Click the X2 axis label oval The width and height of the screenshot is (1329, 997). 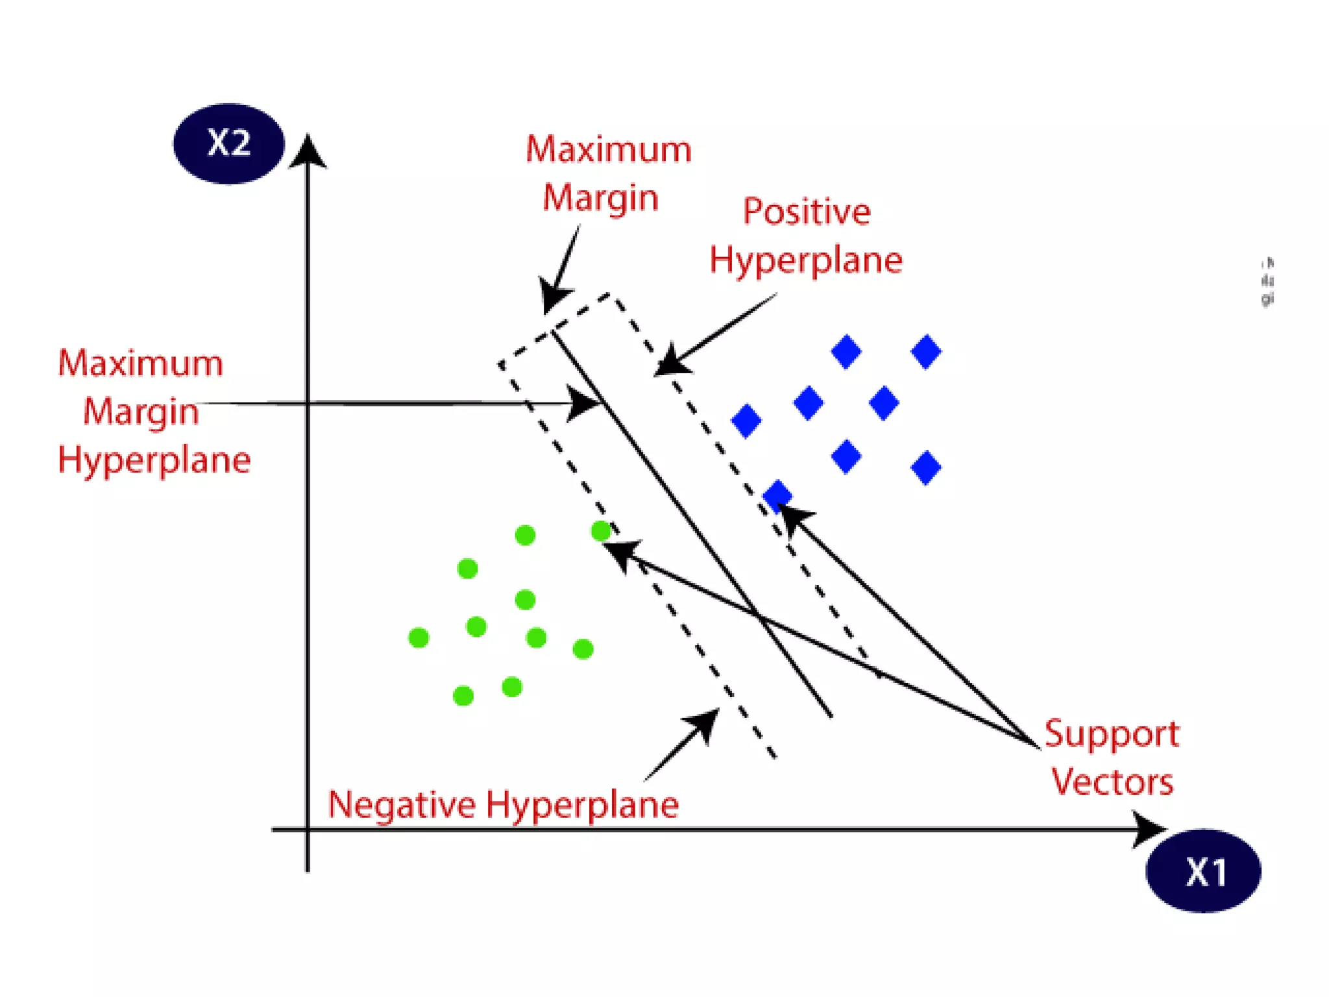228,143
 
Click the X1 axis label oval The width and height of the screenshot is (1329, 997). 1204,871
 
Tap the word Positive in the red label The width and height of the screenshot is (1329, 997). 807,212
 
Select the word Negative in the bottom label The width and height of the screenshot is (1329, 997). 402,805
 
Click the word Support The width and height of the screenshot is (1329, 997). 1111,735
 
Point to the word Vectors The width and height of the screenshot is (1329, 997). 1112,782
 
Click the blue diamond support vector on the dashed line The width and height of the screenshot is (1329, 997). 777,496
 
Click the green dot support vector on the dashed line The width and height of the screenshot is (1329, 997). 601,532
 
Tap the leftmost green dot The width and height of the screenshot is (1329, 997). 419,638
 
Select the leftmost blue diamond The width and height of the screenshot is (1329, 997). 746,421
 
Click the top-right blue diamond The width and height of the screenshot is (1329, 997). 926,352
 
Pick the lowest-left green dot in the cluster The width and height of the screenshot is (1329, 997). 463,696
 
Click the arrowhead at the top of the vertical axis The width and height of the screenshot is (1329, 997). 308,151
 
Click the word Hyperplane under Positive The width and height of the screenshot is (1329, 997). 806,261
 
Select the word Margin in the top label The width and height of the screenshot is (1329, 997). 600,198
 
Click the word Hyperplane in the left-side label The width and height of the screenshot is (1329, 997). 154,461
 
